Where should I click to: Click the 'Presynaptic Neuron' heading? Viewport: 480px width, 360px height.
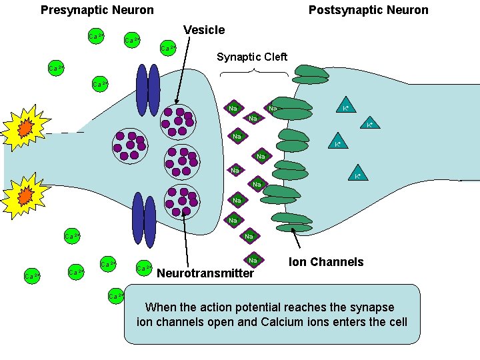click(97, 10)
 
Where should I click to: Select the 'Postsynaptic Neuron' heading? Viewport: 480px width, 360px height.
click(368, 10)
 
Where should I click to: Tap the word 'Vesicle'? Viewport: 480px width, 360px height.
click(204, 30)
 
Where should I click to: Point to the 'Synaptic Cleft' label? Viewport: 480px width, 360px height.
click(252, 57)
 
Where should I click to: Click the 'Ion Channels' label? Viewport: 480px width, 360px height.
click(326, 262)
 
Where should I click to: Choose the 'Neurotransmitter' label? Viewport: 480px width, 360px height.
click(205, 273)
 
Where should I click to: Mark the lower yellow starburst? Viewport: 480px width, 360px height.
click(25, 195)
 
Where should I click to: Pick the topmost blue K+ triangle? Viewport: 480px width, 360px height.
click(345, 107)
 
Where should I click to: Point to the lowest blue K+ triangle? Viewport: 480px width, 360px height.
click(357, 175)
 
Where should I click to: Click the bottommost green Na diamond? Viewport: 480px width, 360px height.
click(252, 260)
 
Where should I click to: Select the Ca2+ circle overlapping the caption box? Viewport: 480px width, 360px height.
click(115, 295)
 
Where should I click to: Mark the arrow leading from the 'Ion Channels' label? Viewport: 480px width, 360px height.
click(301, 240)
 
